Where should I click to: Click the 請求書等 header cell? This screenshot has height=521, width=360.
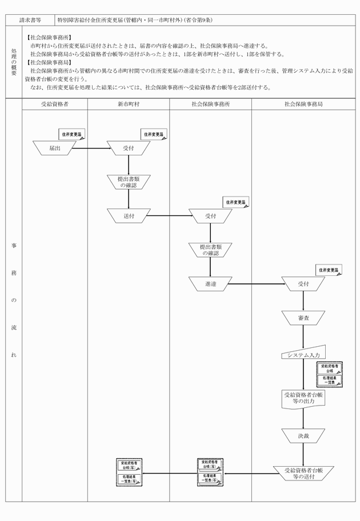(x=30, y=20)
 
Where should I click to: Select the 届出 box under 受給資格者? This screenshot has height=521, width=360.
(x=55, y=148)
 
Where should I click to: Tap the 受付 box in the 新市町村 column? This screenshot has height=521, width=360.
(x=129, y=148)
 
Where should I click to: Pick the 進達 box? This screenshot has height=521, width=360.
(x=210, y=283)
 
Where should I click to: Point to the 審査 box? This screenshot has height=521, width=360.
(x=303, y=318)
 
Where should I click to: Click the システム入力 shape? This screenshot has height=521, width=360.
(x=303, y=353)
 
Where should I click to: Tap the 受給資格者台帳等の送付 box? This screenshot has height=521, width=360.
(x=303, y=472)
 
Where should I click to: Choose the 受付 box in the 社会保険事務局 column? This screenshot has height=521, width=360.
(x=303, y=283)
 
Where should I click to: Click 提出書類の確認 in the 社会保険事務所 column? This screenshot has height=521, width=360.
(x=210, y=249)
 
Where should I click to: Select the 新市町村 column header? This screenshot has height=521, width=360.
(x=129, y=105)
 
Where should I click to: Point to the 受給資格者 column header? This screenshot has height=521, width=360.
(x=55, y=105)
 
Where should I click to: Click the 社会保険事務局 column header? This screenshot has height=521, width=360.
(x=303, y=105)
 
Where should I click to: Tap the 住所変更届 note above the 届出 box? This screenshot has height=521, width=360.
(x=73, y=134)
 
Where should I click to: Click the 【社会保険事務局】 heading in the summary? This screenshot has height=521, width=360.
(x=49, y=62)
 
